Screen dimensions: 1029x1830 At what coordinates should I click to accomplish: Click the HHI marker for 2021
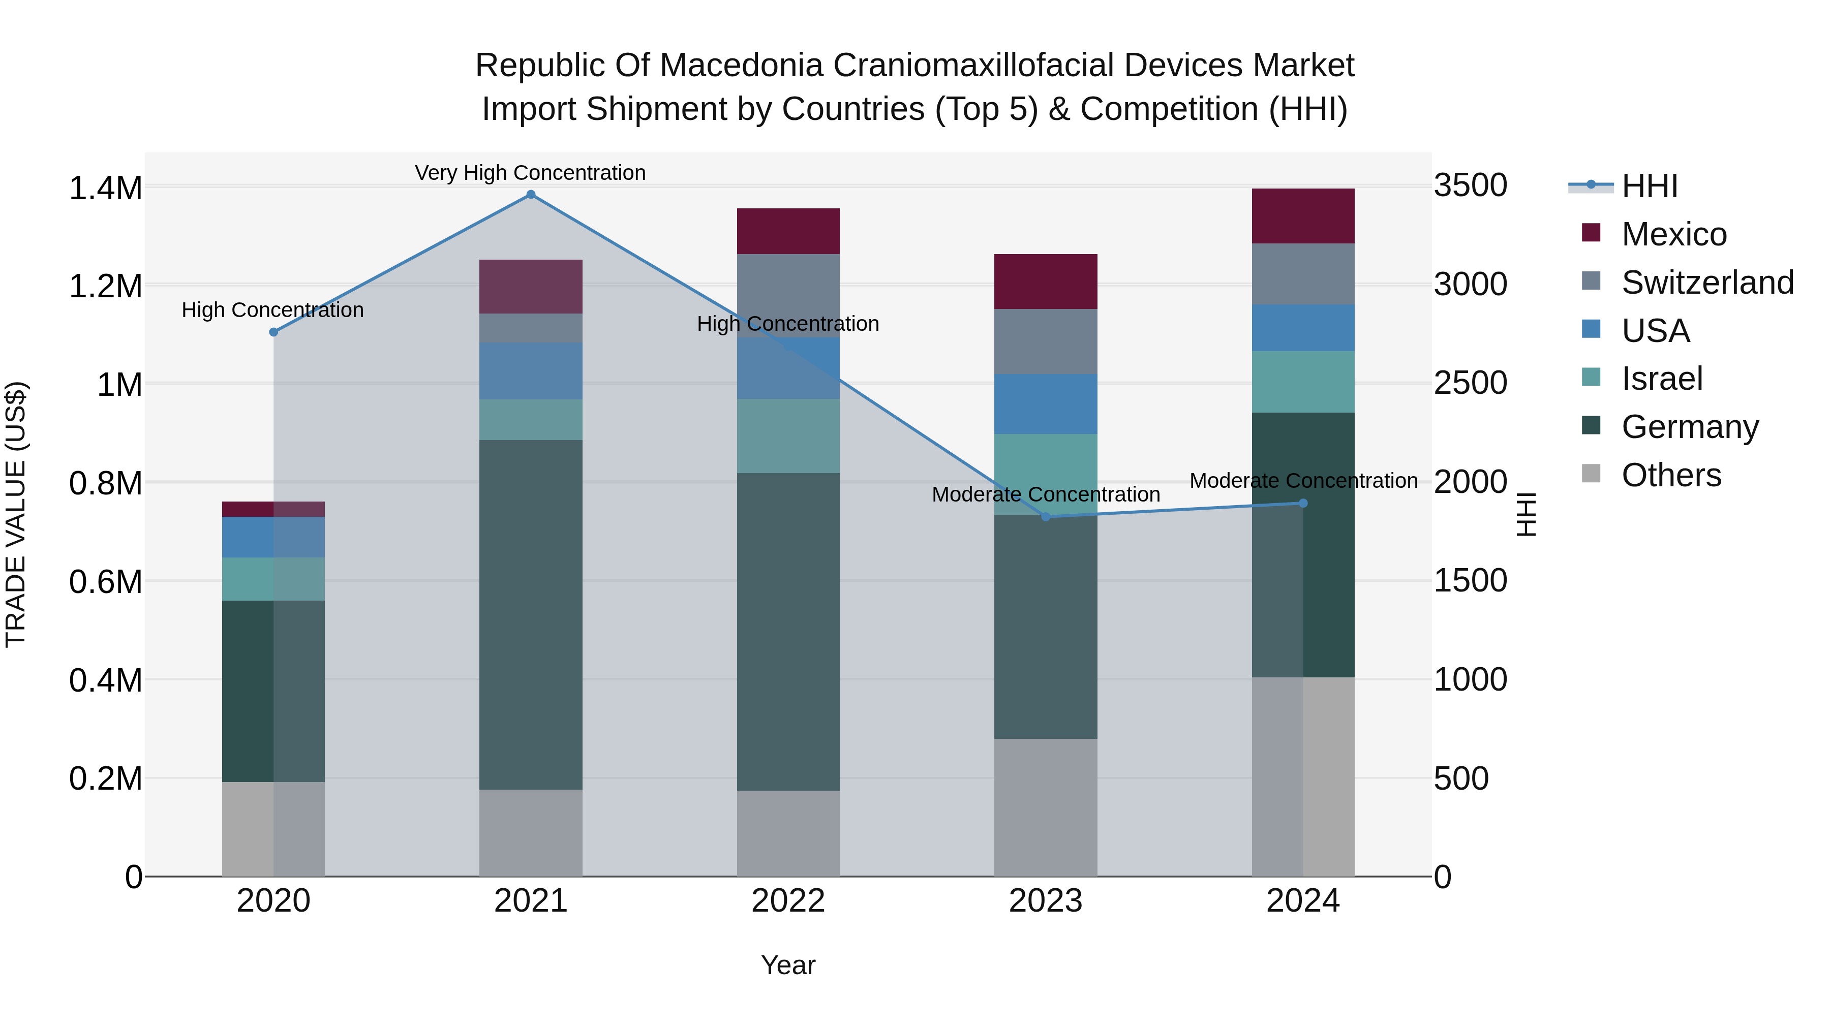tap(531, 195)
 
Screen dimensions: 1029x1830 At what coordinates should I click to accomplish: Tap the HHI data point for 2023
tap(1046, 517)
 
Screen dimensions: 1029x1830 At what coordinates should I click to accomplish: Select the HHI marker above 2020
tap(273, 332)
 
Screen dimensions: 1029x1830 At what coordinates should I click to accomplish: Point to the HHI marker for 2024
tap(1303, 504)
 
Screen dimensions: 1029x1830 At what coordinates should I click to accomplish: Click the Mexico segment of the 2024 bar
tap(1303, 216)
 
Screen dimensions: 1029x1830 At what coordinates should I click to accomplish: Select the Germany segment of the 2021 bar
tap(531, 614)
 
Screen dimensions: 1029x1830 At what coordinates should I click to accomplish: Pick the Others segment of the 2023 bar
tap(1046, 807)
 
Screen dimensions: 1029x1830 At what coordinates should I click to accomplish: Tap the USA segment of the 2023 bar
tap(1046, 403)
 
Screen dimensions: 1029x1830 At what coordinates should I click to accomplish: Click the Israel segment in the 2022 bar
tap(788, 436)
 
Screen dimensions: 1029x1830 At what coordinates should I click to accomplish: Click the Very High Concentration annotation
tap(530, 173)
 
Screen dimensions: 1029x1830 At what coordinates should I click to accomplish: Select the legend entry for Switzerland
tap(1707, 282)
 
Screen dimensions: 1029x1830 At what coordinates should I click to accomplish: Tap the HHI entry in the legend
tap(1649, 186)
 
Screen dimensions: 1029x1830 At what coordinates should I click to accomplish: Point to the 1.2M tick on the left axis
tap(105, 287)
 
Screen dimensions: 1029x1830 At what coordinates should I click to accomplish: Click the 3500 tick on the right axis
tap(1470, 185)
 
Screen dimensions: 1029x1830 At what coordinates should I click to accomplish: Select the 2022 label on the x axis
tap(788, 901)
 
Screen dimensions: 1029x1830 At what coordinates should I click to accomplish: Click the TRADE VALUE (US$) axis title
tap(16, 514)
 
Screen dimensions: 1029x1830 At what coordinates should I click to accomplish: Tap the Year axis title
tap(788, 965)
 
